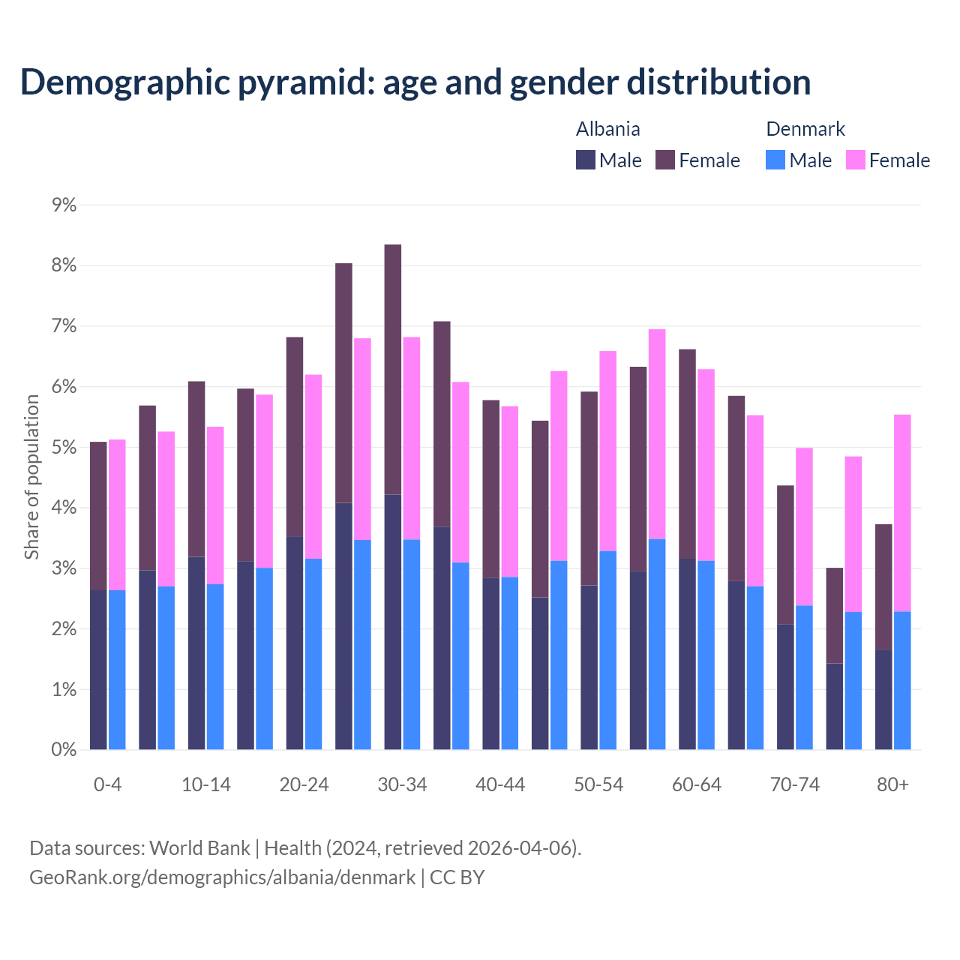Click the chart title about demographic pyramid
pos(415,82)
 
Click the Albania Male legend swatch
pos(585,160)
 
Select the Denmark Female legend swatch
pos(855,160)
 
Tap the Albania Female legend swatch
pos(665,160)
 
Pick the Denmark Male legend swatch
pos(775,160)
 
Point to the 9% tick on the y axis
pos(64,205)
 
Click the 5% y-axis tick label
pos(64,448)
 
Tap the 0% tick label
pos(64,750)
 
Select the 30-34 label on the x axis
pos(402,785)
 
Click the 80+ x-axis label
pos(892,785)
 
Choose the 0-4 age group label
pos(107,785)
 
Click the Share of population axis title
pos(31,477)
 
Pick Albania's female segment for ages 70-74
pos(785,555)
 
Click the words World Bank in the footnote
pos(199,848)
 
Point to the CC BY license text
pos(457,877)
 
